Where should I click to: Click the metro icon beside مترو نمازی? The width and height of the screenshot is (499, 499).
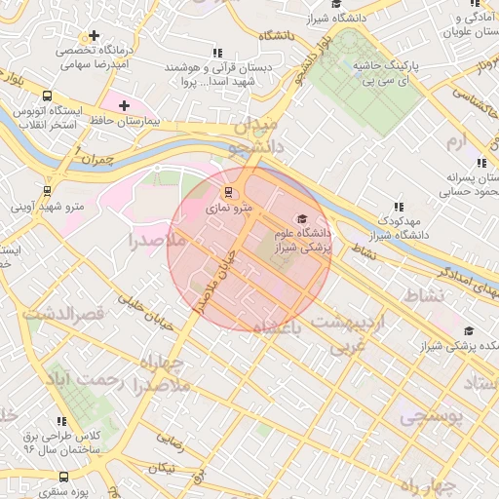tap(228, 192)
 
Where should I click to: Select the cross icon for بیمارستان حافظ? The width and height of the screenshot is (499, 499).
tap(124, 104)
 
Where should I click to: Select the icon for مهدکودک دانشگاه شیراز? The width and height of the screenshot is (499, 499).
tap(398, 207)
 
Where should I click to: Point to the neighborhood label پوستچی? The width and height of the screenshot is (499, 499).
tap(435, 416)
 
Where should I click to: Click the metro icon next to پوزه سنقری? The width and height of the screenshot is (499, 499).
tap(63, 477)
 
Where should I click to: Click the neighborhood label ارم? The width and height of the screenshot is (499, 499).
tap(456, 142)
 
